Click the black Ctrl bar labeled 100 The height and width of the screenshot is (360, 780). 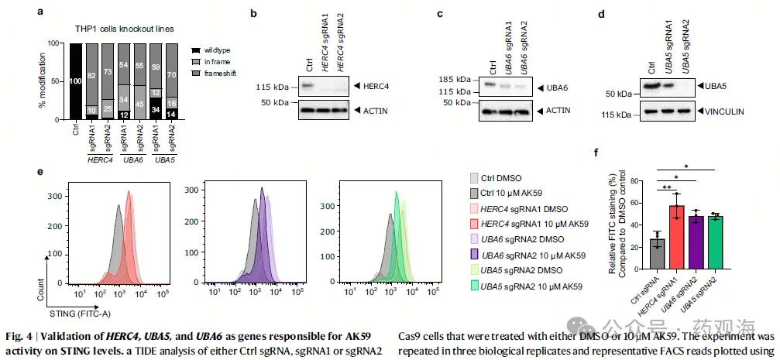click(x=76, y=81)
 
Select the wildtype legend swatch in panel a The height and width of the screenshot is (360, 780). click(x=196, y=50)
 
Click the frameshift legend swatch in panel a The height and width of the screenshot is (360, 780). click(x=196, y=72)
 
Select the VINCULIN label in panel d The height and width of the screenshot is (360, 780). click(x=725, y=112)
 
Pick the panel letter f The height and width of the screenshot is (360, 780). click(x=596, y=153)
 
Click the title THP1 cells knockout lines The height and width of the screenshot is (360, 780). click(x=134, y=29)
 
